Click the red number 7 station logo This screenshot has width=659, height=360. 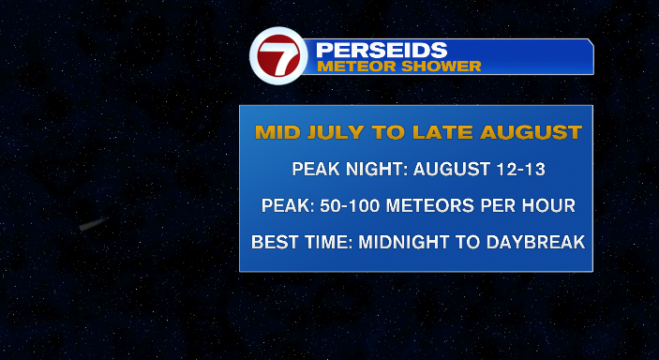pyautogui.click(x=278, y=56)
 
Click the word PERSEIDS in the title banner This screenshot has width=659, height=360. pyautogui.click(x=382, y=50)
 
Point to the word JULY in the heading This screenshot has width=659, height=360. pyautogui.click(x=336, y=132)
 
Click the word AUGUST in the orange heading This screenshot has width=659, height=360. pyautogui.click(x=532, y=132)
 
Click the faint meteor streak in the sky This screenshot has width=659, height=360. pyautogui.click(x=93, y=224)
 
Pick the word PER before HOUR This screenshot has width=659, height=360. pyautogui.click(x=500, y=205)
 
